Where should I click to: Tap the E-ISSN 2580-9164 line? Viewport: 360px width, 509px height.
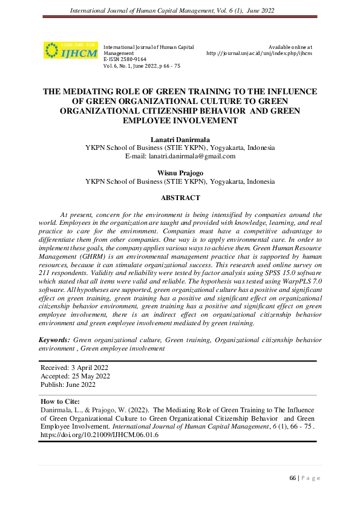(125, 59)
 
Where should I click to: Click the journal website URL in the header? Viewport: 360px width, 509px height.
(259, 53)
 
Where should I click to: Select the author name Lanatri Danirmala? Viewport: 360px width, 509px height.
(180, 140)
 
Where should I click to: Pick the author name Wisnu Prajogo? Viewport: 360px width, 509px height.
(180, 172)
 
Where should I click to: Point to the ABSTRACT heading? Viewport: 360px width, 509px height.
(180, 198)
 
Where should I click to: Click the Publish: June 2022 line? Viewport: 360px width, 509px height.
(68, 384)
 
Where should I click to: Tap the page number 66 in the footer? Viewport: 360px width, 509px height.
(293, 478)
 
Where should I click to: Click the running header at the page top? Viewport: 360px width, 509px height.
(180, 10)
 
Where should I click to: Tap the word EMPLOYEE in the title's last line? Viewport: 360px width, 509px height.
(163, 121)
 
